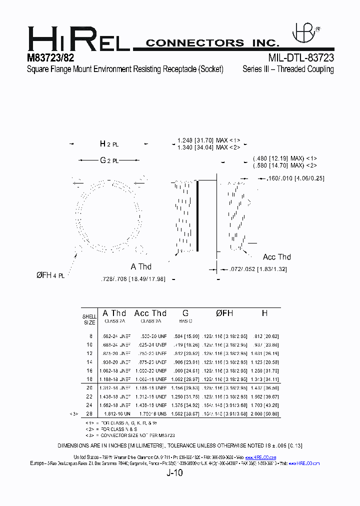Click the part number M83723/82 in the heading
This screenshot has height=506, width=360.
(x=50, y=58)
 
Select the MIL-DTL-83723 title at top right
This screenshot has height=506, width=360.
(x=301, y=58)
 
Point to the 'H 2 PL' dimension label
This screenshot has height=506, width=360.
(x=109, y=144)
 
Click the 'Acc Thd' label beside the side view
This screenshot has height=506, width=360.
(x=276, y=257)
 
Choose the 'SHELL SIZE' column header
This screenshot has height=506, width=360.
(x=89, y=319)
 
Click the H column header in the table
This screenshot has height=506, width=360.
(x=264, y=313)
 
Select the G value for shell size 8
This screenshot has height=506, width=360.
(x=187, y=336)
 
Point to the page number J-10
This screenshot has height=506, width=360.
(x=175, y=473)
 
